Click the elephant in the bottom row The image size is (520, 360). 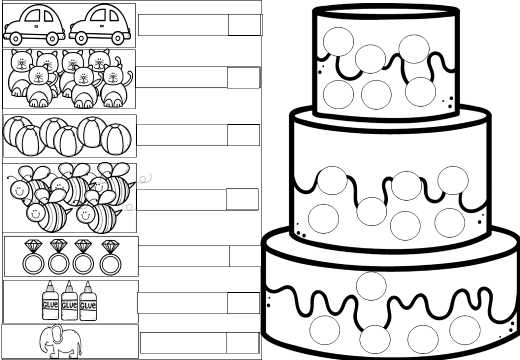[x=60, y=341]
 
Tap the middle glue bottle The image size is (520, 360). [x=69, y=301]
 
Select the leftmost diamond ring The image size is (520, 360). [x=34, y=257]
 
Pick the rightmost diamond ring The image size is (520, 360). [x=111, y=257]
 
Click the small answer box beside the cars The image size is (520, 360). [x=244, y=25]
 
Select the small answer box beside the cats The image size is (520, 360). [x=243, y=78]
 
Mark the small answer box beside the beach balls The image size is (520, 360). [x=244, y=135]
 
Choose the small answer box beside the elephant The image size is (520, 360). [x=242, y=343]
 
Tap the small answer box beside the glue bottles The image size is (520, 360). [x=244, y=303]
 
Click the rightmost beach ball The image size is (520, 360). [x=116, y=139]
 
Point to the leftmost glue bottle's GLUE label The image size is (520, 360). [x=50, y=305]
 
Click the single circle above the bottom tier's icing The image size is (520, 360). [x=371, y=286]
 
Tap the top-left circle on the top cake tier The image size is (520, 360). [x=338, y=42]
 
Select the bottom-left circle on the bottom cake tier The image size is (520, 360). [x=325, y=330]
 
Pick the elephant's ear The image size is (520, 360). [x=57, y=334]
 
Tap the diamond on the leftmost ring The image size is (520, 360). [x=34, y=246]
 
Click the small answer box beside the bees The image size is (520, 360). [x=242, y=199]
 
